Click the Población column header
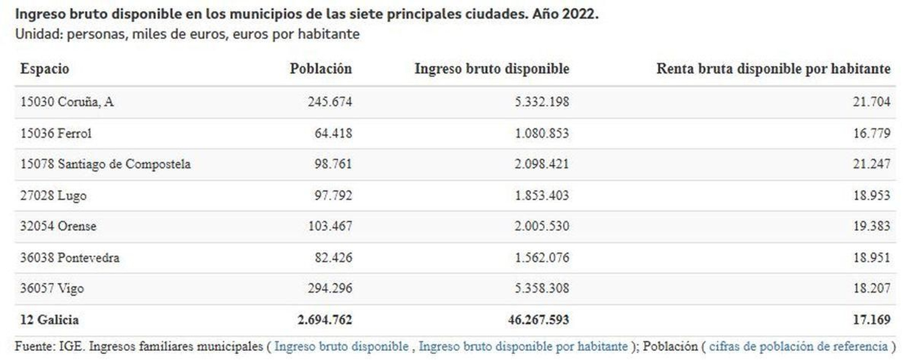[320, 69]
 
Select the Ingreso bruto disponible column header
[491, 69]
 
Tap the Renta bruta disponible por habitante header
[773, 69]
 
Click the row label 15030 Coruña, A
[67, 102]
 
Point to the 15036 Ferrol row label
[56, 134]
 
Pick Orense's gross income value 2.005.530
[542, 226]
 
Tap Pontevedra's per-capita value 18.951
[871, 257]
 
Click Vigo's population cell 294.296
[330, 288]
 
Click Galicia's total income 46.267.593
[538, 319]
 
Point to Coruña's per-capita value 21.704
[871, 102]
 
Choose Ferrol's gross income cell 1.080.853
[542, 134]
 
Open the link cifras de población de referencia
[798, 346]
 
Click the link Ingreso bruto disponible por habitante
[523, 346]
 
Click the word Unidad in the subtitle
[38, 34]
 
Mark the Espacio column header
[45, 69]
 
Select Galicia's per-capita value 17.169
[871, 319]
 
